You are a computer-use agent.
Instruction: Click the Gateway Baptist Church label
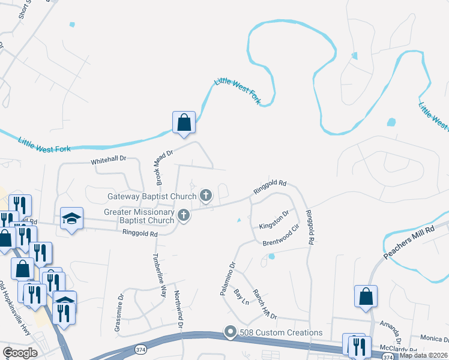point(152,196)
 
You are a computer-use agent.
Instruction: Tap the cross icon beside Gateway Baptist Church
point(206,194)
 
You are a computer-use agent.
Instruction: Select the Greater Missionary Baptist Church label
point(139,216)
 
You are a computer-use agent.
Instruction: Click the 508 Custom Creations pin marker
point(230,332)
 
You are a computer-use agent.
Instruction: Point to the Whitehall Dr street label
point(109,160)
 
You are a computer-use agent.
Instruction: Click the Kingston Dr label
point(274,220)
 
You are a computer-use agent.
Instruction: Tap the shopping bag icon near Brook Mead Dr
point(184,122)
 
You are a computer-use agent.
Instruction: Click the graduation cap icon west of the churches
point(71,219)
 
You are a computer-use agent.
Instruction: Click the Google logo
point(20,353)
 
